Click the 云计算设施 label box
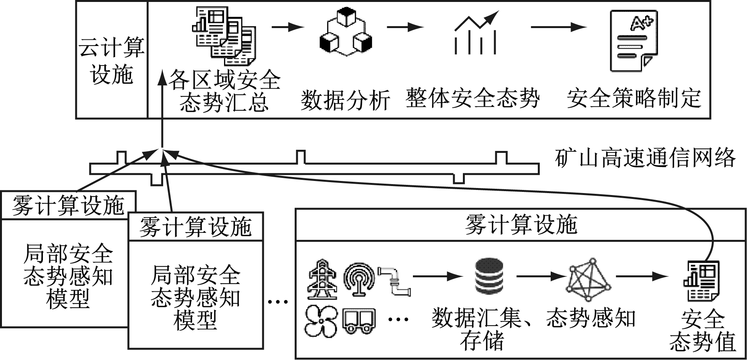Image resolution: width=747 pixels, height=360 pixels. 112,60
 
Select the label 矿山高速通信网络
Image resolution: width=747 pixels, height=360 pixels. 645,158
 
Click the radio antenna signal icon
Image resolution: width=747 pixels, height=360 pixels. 359,278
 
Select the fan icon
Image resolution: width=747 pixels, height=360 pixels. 321,321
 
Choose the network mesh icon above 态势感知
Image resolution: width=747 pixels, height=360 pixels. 588,278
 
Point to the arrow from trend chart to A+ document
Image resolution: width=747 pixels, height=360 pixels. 558,27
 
